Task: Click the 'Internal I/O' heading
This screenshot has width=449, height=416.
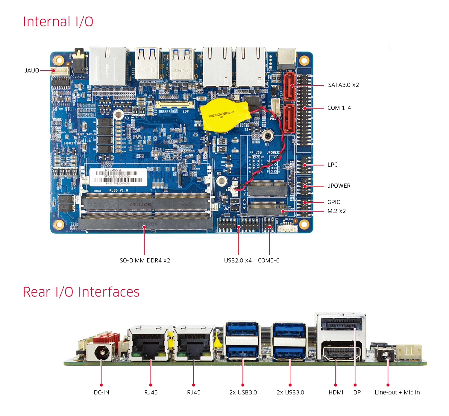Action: (x=58, y=22)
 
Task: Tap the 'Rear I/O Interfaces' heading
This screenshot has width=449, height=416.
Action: (x=81, y=292)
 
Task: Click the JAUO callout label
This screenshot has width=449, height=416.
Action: (x=32, y=71)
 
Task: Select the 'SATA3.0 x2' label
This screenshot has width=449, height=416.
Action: (x=343, y=85)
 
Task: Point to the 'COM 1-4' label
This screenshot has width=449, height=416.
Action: (x=339, y=108)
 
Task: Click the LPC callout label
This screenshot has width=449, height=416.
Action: (x=332, y=165)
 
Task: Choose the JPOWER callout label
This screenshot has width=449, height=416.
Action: (x=339, y=186)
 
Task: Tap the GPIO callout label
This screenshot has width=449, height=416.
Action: (x=334, y=202)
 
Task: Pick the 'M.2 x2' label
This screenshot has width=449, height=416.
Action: (x=336, y=211)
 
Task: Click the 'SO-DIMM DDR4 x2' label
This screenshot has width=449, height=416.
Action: (x=145, y=260)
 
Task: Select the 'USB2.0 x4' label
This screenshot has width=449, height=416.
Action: (x=238, y=260)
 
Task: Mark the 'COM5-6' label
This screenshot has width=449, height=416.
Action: (x=269, y=260)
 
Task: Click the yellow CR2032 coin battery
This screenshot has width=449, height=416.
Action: (x=223, y=115)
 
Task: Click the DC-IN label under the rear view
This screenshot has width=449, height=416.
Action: (x=101, y=392)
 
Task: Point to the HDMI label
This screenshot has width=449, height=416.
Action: (x=336, y=392)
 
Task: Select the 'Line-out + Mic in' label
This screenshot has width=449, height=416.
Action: (x=397, y=392)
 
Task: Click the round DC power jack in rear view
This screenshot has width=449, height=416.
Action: (x=101, y=352)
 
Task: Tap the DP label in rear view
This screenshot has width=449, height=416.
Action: (x=357, y=392)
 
